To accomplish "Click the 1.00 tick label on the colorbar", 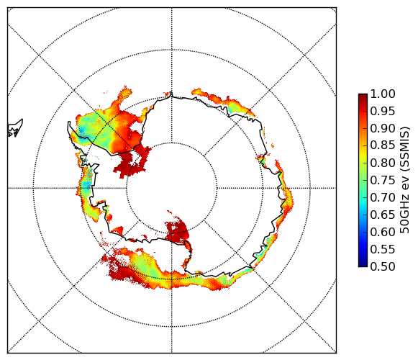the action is point(383,94).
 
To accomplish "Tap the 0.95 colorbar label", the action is point(383,112).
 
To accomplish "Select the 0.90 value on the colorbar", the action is point(383,128).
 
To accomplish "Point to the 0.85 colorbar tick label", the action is point(383,145).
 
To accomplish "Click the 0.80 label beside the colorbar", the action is point(383,163).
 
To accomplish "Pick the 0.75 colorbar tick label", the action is point(383,180).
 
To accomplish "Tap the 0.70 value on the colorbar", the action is point(383,197).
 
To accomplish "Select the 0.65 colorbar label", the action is point(383,215).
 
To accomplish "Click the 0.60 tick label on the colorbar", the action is point(383,232).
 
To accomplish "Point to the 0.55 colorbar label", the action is point(383,249).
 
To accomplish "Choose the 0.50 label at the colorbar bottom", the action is point(383,266).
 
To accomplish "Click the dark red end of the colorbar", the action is point(363,96).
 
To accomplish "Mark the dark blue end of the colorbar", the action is point(363,264).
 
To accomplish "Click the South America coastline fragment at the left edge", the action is point(15,128).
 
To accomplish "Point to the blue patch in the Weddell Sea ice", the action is point(81,131).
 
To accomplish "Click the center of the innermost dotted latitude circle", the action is point(172,188).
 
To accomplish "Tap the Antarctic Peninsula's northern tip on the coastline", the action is point(69,122).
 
